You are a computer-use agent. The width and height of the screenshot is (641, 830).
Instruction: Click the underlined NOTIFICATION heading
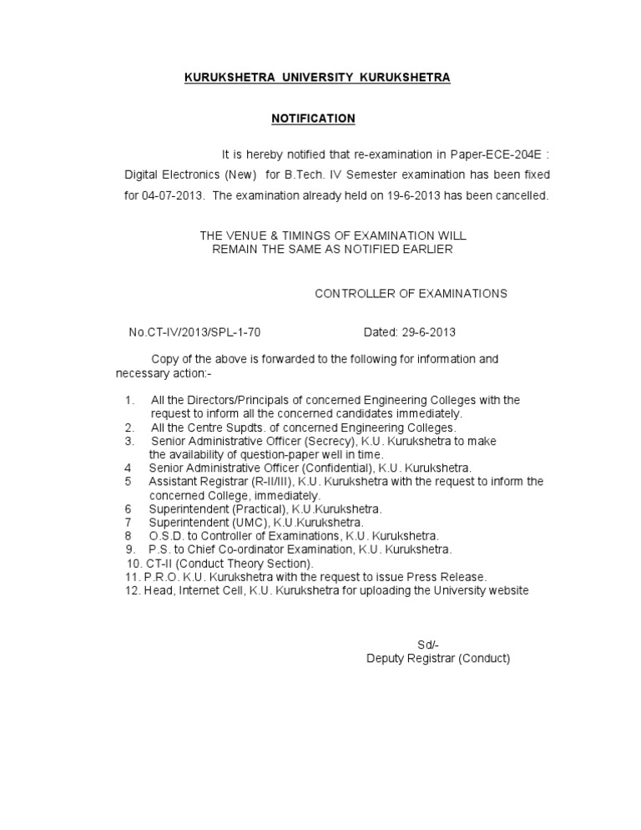313,119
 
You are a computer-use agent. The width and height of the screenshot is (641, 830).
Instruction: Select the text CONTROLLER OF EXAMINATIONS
410,293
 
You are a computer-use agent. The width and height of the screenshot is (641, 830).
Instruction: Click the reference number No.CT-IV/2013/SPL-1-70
194,331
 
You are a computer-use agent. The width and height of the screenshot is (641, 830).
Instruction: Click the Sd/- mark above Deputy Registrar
427,644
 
